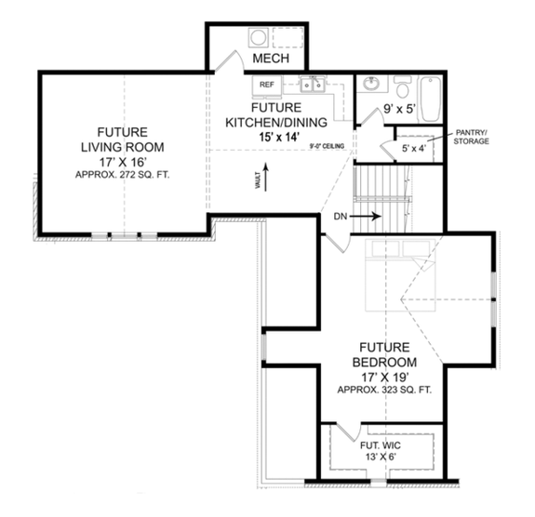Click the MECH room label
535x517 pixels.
271,59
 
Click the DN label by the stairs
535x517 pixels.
340,216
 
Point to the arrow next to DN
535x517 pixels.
367,216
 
